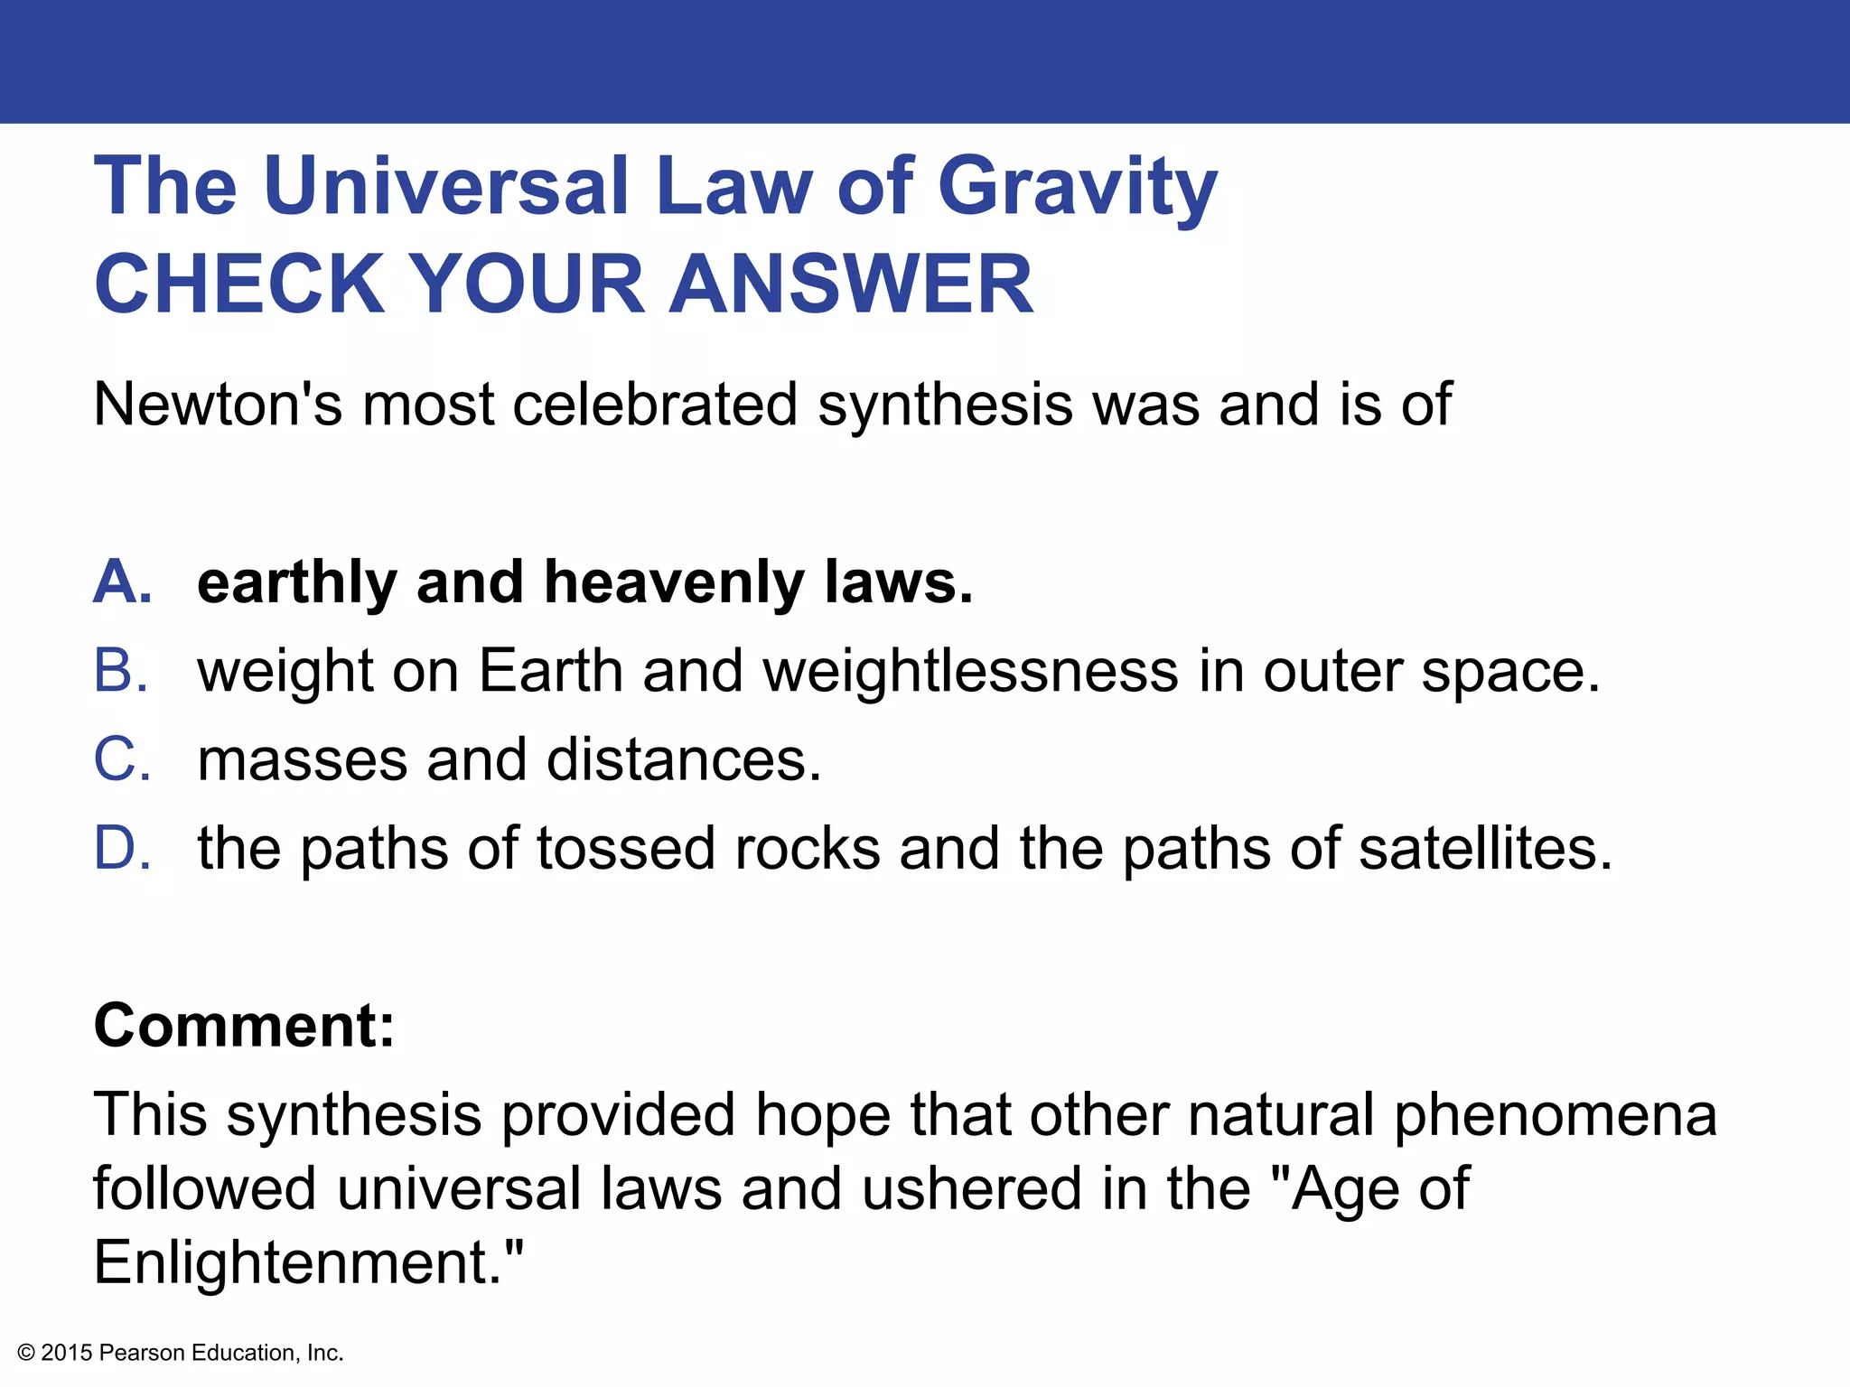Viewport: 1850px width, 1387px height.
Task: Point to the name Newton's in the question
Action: click(x=218, y=404)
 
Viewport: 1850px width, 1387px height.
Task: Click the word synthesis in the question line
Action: click(x=945, y=405)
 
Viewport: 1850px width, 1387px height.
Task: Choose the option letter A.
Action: click(x=122, y=582)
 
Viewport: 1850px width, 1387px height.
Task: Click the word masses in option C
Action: click(x=302, y=760)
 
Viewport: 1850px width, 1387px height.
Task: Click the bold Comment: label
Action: click(x=245, y=1026)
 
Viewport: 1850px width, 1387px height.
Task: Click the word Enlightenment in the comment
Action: click(x=298, y=1262)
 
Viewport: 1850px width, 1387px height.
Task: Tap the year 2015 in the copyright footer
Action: click(x=67, y=1353)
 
